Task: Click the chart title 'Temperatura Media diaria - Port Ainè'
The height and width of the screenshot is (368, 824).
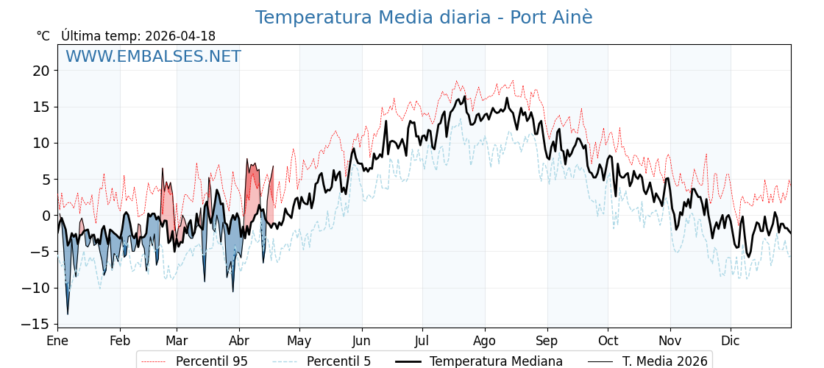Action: point(423,18)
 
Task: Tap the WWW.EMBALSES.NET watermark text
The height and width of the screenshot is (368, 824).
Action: point(153,57)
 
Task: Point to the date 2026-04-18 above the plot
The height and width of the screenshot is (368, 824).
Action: point(180,36)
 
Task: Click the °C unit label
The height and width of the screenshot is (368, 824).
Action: point(43,36)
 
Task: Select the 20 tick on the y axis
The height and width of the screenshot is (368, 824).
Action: point(40,71)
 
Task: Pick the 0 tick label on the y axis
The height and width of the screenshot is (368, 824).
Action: point(45,216)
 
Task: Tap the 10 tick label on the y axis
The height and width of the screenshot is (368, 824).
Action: point(40,143)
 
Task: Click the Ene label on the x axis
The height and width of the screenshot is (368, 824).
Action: point(57,341)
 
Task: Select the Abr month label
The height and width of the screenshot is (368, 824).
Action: point(239,341)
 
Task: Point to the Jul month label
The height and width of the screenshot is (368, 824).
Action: point(422,341)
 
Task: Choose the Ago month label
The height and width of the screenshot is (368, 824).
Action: point(485,341)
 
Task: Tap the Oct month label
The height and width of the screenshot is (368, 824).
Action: point(608,341)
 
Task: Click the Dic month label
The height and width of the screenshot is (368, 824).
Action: point(731,341)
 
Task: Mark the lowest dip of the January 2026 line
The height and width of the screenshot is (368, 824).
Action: point(68,314)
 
